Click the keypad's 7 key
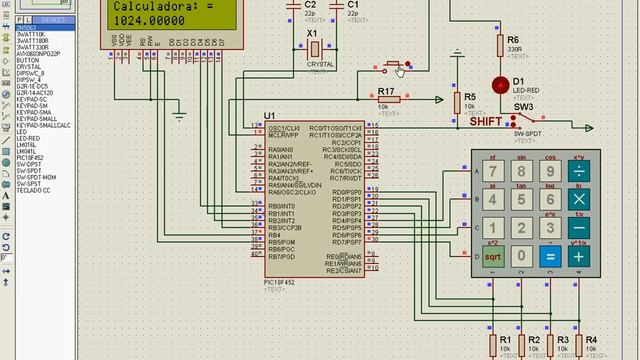click(493, 171)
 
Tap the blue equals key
click(549, 256)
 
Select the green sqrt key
click(493, 256)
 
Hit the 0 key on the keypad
click(521, 256)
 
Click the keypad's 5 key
click(521, 200)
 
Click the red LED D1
click(500, 84)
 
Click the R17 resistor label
click(387, 92)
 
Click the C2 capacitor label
click(309, 5)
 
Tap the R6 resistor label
click(513, 39)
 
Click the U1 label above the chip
click(270, 116)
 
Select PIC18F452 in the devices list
click(30, 157)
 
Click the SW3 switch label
click(523, 106)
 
